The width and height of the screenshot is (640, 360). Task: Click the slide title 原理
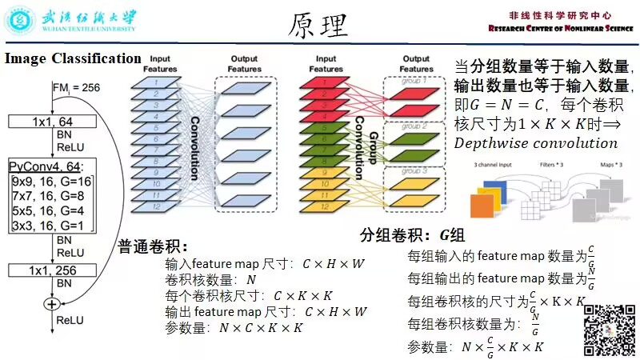pyautogui.click(x=318, y=26)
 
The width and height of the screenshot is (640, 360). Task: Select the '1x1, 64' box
pyautogui.click(x=53, y=122)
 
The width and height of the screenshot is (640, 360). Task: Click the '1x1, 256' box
pyautogui.click(x=53, y=270)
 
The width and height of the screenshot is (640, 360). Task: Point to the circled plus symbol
pyautogui.click(x=53, y=303)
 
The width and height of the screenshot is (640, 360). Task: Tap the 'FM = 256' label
pyautogui.click(x=77, y=87)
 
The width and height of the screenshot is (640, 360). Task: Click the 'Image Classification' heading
pyautogui.click(x=73, y=59)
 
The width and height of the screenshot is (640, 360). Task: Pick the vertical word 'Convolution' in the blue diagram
pyautogui.click(x=194, y=148)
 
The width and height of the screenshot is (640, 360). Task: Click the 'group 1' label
pyautogui.click(x=415, y=81)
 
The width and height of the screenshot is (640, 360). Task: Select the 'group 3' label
pyautogui.click(x=415, y=171)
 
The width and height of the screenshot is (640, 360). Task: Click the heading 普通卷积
pyautogui.click(x=153, y=246)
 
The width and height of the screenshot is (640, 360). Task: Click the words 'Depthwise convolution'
pyautogui.click(x=535, y=143)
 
